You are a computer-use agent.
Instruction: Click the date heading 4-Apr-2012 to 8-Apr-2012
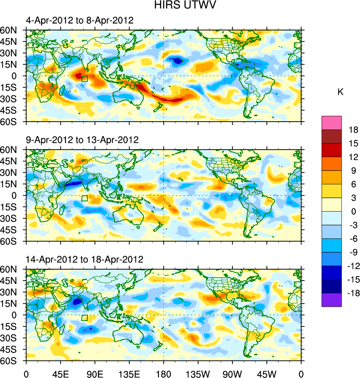point(80,21)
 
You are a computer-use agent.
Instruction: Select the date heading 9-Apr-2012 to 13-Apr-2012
point(82,140)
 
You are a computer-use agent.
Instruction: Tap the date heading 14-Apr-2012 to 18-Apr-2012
point(84,259)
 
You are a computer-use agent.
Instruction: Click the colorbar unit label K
point(340,92)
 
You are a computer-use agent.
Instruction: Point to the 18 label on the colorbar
point(353,130)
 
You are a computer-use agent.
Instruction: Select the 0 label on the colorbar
point(353,212)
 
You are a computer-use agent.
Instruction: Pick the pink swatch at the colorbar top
point(332,122)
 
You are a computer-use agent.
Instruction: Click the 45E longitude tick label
point(60,373)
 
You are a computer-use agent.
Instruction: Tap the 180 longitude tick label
point(164,373)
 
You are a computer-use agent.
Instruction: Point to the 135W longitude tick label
point(198,373)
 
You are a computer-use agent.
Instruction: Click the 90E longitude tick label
point(95,373)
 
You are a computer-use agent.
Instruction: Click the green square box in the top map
point(84,78)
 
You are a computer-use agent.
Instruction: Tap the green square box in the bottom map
point(85,318)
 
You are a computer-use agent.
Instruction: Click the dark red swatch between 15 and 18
point(332,136)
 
